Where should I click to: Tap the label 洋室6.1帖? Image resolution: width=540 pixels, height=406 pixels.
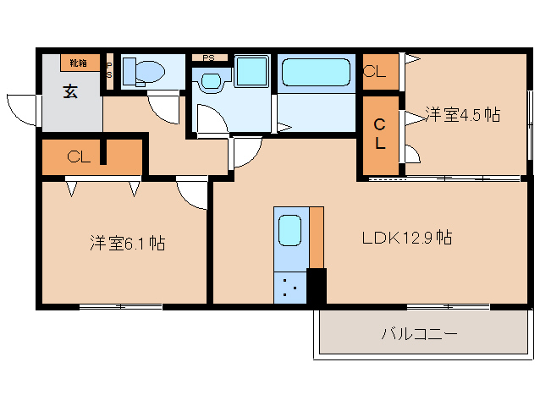click(127, 244)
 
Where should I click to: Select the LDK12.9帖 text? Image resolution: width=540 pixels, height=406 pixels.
click(406, 238)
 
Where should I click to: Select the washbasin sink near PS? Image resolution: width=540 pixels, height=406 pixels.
click(211, 82)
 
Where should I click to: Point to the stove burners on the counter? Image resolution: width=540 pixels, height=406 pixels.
click(289, 288)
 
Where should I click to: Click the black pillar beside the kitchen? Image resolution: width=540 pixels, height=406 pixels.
click(316, 286)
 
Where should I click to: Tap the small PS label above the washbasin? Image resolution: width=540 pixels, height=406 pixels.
click(208, 58)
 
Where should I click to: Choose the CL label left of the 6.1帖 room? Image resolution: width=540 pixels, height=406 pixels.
click(79, 156)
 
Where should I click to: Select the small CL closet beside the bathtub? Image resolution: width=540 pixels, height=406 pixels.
click(375, 72)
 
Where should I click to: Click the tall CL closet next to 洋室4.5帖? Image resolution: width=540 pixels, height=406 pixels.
click(381, 134)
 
